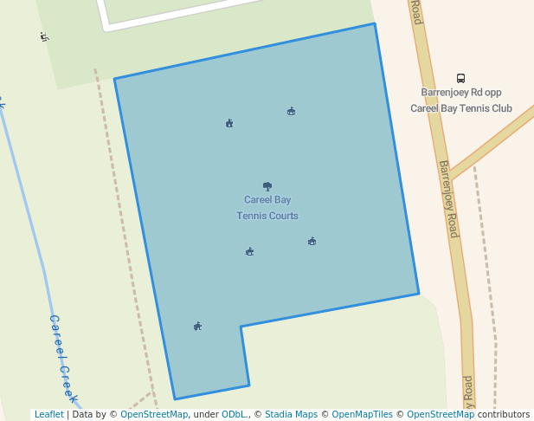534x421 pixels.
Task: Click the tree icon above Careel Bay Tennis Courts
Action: click(267, 186)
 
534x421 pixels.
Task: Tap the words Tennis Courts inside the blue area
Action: click(267, 216)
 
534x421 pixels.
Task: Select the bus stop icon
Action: click(460, 78)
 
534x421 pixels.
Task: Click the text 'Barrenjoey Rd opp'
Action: click(460, 93)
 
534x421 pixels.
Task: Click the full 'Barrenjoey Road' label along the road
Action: click(447, 199)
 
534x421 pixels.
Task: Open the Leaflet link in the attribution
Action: click(48, 415)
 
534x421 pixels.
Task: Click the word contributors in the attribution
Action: click(503, 415)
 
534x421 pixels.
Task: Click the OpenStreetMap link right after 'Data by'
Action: click(153, 415)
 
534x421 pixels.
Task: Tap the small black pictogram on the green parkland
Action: click(44, 36)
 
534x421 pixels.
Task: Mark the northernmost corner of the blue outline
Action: click(374, 24)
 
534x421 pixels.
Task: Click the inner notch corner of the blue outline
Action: click(241, 327)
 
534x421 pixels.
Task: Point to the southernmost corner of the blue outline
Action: click(175, 399)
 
